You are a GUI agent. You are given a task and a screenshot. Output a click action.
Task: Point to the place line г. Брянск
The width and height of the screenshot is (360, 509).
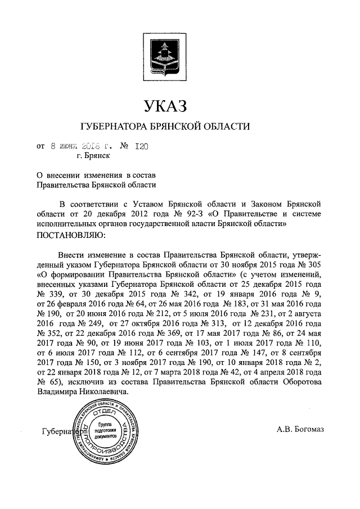tap(93, 157)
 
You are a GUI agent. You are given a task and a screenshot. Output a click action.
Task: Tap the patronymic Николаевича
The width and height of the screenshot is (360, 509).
tap(100, 394)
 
